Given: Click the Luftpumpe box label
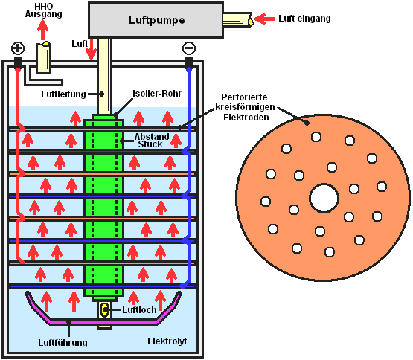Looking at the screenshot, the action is pyautogui.click(x=157, y=20).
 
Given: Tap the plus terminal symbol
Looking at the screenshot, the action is pyautogui.click(x=18, y=48).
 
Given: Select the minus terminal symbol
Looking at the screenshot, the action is pyautogui.click(x=189, y=48).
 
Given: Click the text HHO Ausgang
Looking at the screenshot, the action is pyautogui.click(x=43, y=10).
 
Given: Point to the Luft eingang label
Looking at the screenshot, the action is pyautogui.click(x=304, y=19).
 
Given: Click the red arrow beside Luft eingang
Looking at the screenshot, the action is pyautogui.click(x=264, y=19).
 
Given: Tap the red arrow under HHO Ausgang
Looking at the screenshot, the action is pyautogui.click(x=42, y=30).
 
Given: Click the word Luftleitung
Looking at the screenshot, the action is pyautogui.click(x=63, y=94).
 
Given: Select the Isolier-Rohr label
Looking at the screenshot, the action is pyautogui.click(x=157, y=94).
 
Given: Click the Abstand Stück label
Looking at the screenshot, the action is pyautogui.click(x=152, y=141).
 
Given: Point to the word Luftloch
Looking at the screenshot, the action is pyautogui.click(x=139, y=310).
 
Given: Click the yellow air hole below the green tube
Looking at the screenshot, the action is pyautogui.click(x=105, y=309).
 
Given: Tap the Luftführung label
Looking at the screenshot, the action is pyautogui.click(x=63, y=343).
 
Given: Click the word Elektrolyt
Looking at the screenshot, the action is pyautogui.click(x=167, y=341).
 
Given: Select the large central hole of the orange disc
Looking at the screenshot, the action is pyautogui.click(x=324, y=198).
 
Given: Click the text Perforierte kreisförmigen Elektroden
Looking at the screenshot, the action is pyautogui.click(x=246, y=107).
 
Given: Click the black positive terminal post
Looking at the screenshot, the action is pyautogui.click(x=18, y=62).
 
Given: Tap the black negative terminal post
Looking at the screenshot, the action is pyautogui.click(x=189, y=62).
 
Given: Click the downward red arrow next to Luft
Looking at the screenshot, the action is pyautogui.click(x=92, y=50).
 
